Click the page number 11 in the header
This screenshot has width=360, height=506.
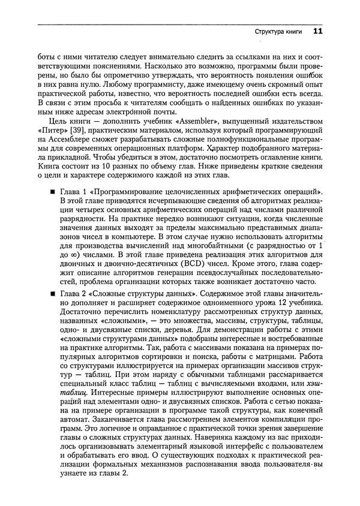click(317, 31)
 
